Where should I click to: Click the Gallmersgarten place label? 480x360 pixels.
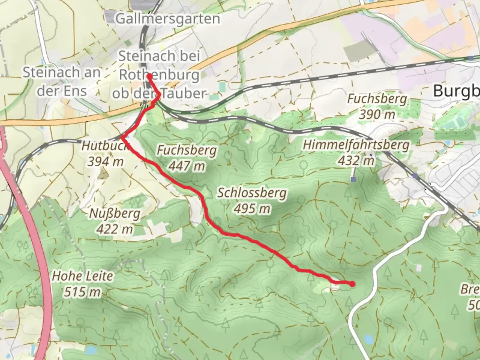pos(168,19)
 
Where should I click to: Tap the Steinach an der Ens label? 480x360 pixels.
pos(62,81)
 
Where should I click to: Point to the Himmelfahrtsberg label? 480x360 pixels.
pos(356,145)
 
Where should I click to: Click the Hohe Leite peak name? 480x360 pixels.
pos(82,276)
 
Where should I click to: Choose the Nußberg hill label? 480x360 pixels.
pos(115,214)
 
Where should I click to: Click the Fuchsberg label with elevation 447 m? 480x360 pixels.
pos(186,151)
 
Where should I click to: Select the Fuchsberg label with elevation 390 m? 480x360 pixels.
pos(377,99)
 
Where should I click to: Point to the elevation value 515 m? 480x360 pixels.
pos(82,292)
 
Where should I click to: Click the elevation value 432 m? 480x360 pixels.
pos(356,161)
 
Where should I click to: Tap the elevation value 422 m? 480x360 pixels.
pos(115,229)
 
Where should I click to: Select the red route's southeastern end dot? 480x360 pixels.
pos(352,284)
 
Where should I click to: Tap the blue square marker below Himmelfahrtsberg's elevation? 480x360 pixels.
pos(353,179)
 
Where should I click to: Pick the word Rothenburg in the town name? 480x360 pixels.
pos(159,75)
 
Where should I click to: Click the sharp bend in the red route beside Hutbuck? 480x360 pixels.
pos(123,137)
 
